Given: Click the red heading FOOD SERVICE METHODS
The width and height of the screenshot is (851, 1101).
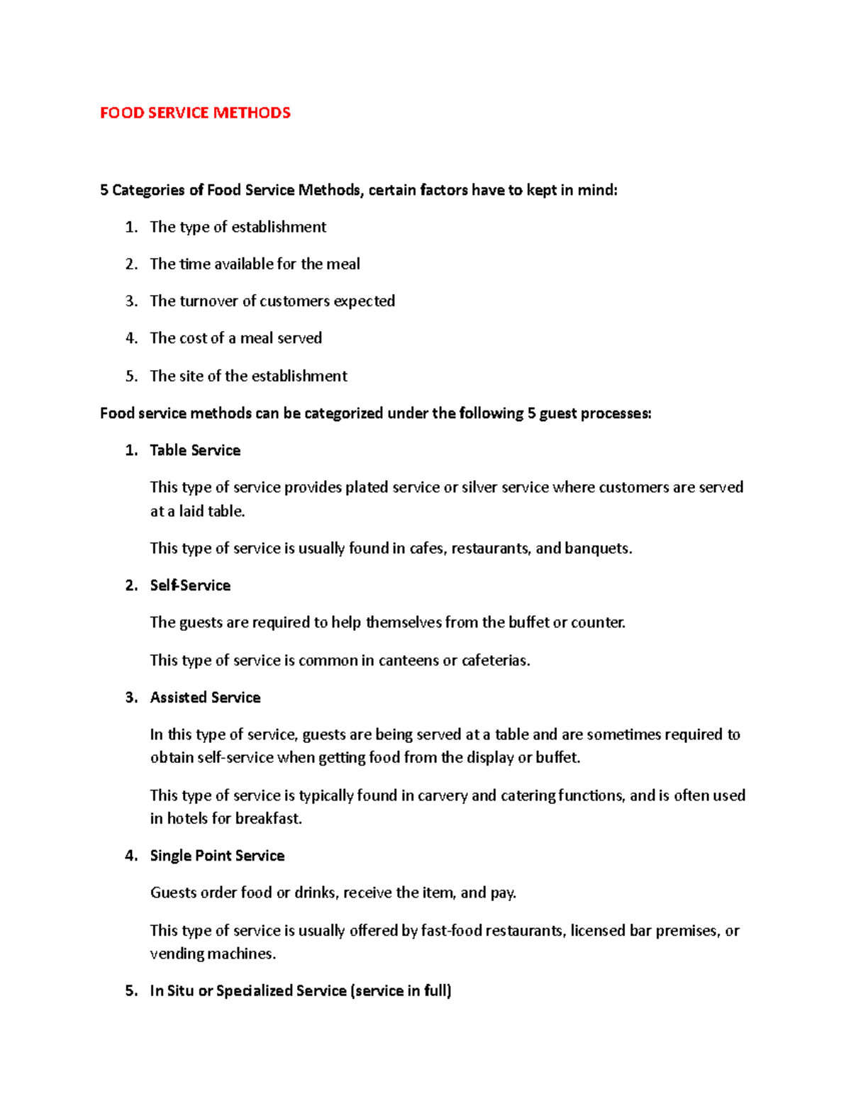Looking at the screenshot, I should coord(195,113).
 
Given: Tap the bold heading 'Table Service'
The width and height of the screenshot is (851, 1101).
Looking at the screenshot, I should coord(195,450).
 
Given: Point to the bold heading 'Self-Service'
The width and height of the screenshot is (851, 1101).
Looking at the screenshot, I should coord(190,586).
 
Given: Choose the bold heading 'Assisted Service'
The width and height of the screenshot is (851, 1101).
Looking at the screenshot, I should coord(205,698).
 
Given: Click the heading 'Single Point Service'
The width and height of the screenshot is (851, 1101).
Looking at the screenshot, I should coord(217,856).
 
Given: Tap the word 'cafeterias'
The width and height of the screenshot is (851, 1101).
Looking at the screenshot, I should coord(496,661).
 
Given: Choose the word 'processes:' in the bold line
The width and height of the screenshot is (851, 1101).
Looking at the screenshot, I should coord(616,413).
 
